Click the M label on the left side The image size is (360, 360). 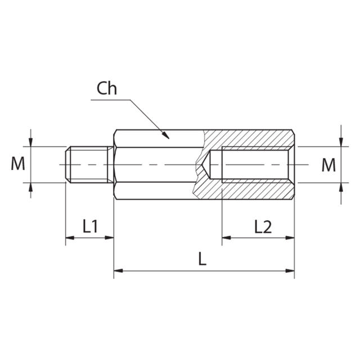coord(18,164)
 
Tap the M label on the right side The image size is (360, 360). coord(328,164)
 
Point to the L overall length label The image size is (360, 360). coord(203,259)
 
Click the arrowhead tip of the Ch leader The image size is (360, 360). coord(168,137)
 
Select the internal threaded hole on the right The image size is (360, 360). coord(256,164)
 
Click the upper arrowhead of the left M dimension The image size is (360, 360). coord(31,142)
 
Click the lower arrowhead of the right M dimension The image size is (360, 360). coord(340,187)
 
